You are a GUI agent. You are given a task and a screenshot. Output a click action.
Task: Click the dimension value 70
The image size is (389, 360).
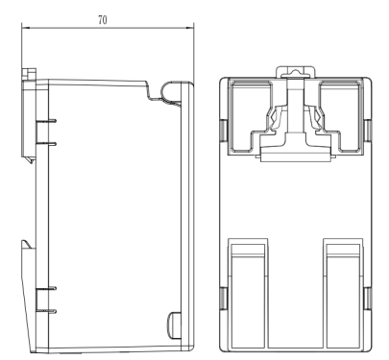[103, 20]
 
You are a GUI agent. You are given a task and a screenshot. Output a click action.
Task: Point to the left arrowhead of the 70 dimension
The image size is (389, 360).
[25, 28]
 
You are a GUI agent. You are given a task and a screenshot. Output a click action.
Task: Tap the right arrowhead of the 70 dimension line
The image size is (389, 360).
[190, 28]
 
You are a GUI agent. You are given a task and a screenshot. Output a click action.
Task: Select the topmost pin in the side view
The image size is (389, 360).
[46, 121]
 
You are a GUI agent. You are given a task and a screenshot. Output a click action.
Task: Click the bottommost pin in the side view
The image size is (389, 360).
[46, 311]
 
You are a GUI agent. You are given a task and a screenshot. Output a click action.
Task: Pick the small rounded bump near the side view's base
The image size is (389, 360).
[175, 324]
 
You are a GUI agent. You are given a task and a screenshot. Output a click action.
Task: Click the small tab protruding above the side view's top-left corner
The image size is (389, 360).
[29, 74]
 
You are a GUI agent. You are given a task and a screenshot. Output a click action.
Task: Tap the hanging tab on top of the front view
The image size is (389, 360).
[296, 72]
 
